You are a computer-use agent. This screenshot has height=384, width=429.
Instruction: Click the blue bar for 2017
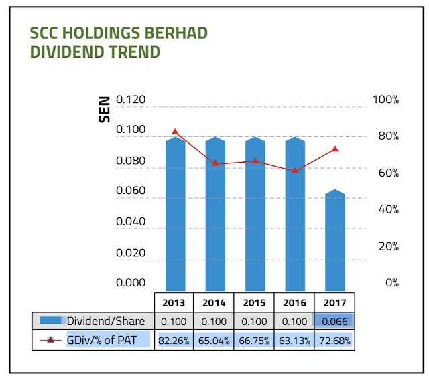[x=335, y=240]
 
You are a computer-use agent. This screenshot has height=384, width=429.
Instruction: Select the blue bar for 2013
[x=176, y=214]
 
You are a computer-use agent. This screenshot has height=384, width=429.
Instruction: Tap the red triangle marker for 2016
[x=295, y=170]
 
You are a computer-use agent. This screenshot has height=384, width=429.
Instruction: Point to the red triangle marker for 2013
[x=175, y=132]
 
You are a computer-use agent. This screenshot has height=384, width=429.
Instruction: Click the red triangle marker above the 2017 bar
[x=335, y=149]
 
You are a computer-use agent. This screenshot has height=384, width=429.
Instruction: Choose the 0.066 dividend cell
[x=334, y=321]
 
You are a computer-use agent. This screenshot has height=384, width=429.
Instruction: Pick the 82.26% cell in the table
[x=174, y=341]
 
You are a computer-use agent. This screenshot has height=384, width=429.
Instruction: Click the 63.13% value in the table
[x=294, y=341]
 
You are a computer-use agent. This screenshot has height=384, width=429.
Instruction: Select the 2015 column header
[x=254, y=302]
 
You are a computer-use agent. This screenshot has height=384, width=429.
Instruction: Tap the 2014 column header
[x=214, y=302]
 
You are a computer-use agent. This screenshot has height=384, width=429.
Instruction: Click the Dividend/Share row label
[x=106, y=321]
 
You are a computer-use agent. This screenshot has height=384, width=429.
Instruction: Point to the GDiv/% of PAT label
[x=101, y=340]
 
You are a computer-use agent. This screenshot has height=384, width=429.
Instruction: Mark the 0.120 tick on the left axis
[x=131, y=99]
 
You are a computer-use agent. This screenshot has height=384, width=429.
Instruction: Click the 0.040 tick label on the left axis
[x=131, y=221]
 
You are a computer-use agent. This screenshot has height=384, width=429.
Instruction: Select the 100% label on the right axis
[x=386, y=100]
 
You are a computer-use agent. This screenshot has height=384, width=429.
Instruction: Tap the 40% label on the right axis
[x=389, y=209]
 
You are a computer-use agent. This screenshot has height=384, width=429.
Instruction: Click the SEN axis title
[x=105, y=110]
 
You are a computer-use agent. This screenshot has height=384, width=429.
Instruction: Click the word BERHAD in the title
[x=176, y=33]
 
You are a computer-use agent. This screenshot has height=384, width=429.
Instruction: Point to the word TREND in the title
[x=134, y=52]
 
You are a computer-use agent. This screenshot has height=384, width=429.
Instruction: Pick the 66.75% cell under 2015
[x=254, y=341]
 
